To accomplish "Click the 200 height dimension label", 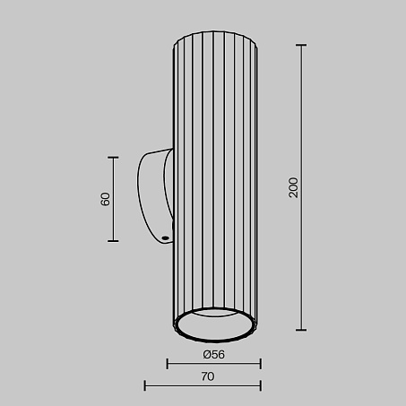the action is (x=294, y=187).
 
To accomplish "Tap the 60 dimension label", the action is (x=105, y=199).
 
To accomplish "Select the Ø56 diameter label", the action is (x=214, y=355).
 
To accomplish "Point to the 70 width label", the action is (x=208, y=376).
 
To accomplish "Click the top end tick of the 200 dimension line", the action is (x=301, y=45).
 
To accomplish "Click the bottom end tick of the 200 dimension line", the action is (x=301, y=330).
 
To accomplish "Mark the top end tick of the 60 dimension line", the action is (x=113, y=157).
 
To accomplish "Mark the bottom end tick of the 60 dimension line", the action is (x=113, y=241).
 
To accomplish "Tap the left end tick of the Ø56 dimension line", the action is (x=168, y=364).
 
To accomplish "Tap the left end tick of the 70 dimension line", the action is (x=145, y=385).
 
